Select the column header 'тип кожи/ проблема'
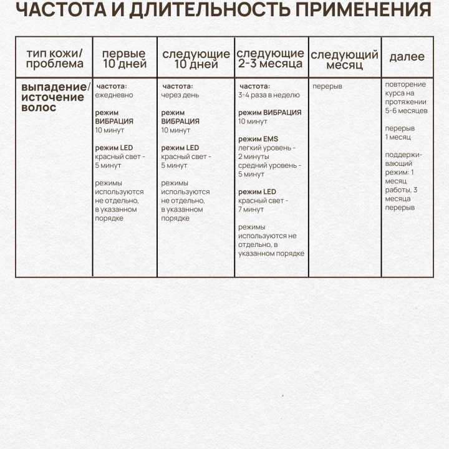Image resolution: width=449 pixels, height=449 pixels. [x=54, y=58]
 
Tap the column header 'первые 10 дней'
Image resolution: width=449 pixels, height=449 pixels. [x=124, y=58]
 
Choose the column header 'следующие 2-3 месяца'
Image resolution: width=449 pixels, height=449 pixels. [x=270, y=58]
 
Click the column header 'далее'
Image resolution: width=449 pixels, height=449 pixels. [x=407, y=57]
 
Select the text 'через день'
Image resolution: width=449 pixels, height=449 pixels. [x=180, y=95]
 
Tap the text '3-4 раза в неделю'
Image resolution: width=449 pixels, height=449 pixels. [x=269, y=95]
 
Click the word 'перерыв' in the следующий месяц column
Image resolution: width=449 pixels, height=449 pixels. [x=327, y=86]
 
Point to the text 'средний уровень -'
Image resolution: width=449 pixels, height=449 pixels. [x=269, y=165]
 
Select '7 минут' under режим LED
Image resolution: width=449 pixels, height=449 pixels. [x=251, y=210]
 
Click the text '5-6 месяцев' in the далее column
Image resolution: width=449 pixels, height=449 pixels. [x=406, y=110]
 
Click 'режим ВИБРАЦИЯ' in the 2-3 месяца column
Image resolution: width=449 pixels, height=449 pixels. [x=269, y=112]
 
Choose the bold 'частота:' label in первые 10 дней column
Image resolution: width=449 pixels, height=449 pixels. [x=112, y=86]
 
